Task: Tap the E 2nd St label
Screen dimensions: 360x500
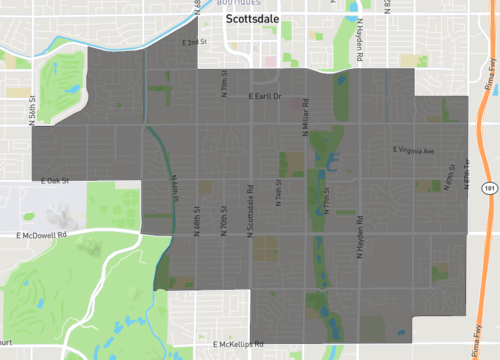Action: tap(195, 42)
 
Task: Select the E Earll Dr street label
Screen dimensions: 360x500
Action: tap(265, 97)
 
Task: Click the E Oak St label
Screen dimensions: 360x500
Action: tap(54, 181)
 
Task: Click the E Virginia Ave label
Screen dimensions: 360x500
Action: tap(414, 151)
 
